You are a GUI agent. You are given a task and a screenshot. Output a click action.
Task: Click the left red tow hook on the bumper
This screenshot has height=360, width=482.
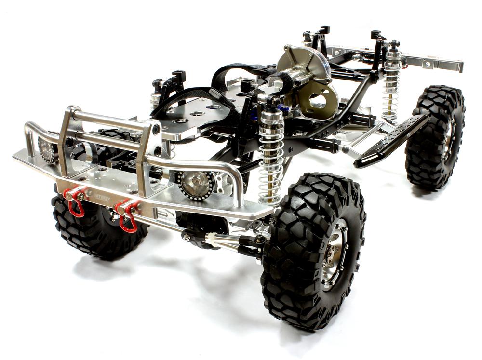point(75,202)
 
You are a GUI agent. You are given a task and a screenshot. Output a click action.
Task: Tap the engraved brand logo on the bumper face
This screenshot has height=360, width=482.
point(102,198)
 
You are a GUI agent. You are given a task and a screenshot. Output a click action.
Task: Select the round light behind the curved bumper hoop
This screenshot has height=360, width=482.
point(195,183)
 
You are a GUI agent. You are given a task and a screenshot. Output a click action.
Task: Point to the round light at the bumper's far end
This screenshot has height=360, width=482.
point(47,149)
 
